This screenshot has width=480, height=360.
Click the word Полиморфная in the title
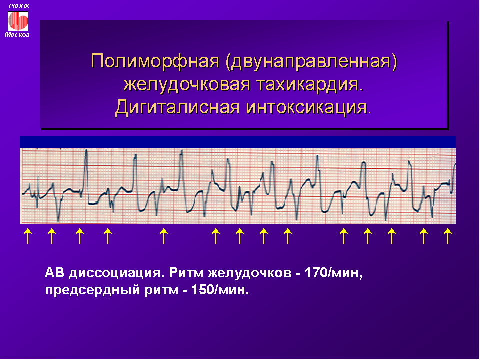click(x=155, y=61)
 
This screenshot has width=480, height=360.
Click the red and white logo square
click(x=18, y=21)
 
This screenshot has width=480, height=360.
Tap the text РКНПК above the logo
click(x=19, y=6)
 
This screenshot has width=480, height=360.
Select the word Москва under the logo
click(x=17, y=35)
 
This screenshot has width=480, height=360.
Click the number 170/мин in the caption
click(x=333, y=273)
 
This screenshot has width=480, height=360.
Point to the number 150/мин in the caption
click(x=220, y=290)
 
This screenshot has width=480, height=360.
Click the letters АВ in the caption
click(x=54, y=273)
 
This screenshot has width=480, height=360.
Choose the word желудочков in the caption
click(x=250, y=273)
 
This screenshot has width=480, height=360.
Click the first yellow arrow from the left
click(x=28, y=236)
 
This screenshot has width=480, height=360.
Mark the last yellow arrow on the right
click(x=448, y=236)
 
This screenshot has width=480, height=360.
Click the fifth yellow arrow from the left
click(x=164, y=236)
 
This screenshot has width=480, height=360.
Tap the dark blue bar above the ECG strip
click(x=238, y=142)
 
